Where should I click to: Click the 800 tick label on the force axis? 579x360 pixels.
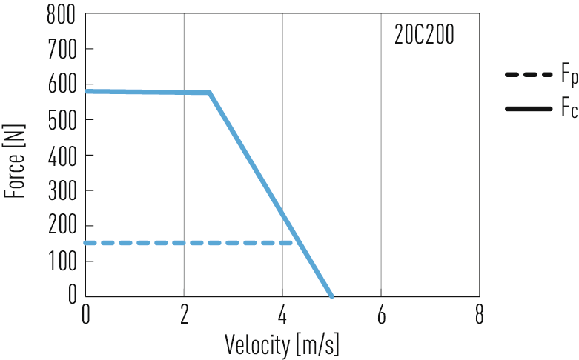tap(62, 14)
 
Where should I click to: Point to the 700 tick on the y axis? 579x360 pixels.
tap(62, 50)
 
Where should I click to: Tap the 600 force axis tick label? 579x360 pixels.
tap(62, 84)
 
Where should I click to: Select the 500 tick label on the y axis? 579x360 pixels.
tap(62, 119)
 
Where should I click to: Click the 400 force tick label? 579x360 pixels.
tap(62, 155)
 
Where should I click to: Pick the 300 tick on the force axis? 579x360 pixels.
tap(62, 190)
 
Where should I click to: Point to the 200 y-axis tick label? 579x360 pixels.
tap(62, 225)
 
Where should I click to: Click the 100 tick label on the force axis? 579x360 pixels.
tap(62, 261)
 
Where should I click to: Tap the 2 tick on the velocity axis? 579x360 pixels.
tap(184, 315)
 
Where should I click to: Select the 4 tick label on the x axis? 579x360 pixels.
tap(282, 315)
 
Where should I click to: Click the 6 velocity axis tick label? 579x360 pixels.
tap(381, 315)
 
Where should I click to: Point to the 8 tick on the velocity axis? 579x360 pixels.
tap(480, 315)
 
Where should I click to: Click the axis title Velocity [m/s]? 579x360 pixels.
tap(282, 343)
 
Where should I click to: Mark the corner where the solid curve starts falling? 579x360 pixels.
tap(210, 93)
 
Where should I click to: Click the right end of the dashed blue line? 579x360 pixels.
tap(298, 242)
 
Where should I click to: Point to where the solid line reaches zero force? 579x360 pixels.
tap(331, 296)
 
